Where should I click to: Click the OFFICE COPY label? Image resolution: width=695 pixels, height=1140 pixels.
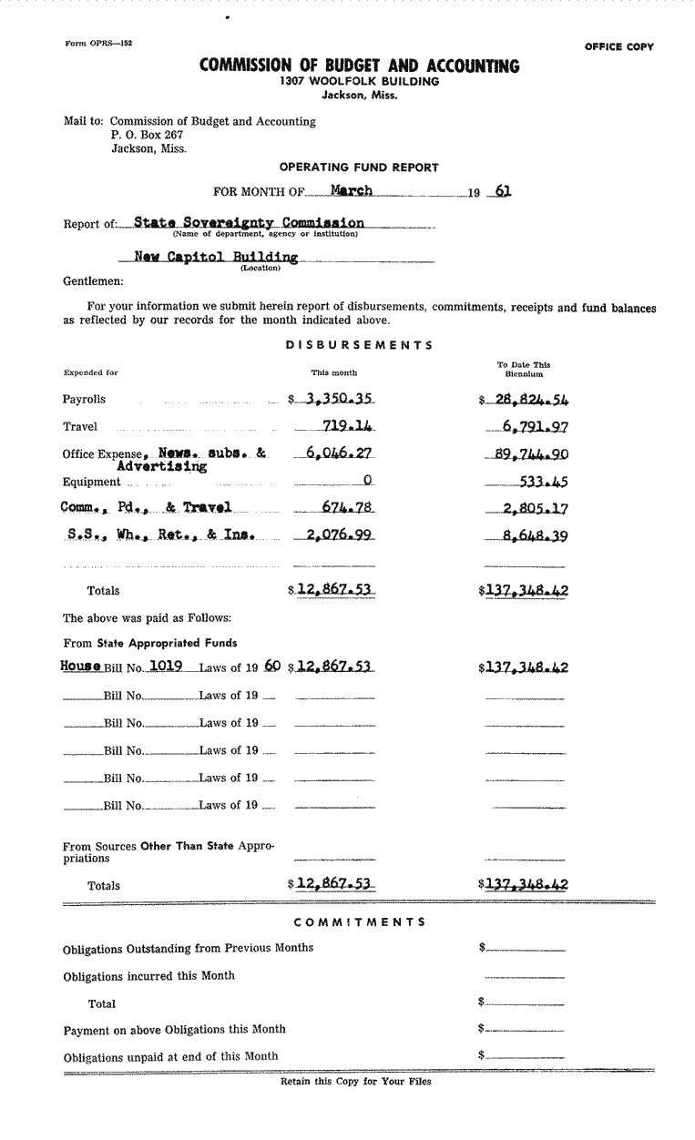618,47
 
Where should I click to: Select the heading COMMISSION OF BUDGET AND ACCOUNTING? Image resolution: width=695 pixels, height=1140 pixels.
360,66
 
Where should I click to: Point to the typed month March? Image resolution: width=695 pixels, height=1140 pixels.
351,190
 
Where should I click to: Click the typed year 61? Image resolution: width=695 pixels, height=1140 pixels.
501,191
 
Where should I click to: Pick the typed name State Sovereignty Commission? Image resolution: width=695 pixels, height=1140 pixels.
249,222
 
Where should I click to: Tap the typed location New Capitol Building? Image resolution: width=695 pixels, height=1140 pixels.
216,258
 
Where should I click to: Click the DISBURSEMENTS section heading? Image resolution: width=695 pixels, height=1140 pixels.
360,345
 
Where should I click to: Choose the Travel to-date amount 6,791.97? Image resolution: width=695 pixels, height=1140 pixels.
535,426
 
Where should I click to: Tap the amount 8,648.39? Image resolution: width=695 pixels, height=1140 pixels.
535,536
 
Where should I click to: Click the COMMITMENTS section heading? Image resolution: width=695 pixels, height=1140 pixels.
360,921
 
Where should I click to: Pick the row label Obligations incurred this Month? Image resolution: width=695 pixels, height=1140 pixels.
148,976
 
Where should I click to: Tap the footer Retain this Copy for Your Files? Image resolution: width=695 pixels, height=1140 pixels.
356,1082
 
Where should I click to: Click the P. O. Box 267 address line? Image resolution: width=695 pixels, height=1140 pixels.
148,135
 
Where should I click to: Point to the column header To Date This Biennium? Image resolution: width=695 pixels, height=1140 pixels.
524,369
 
